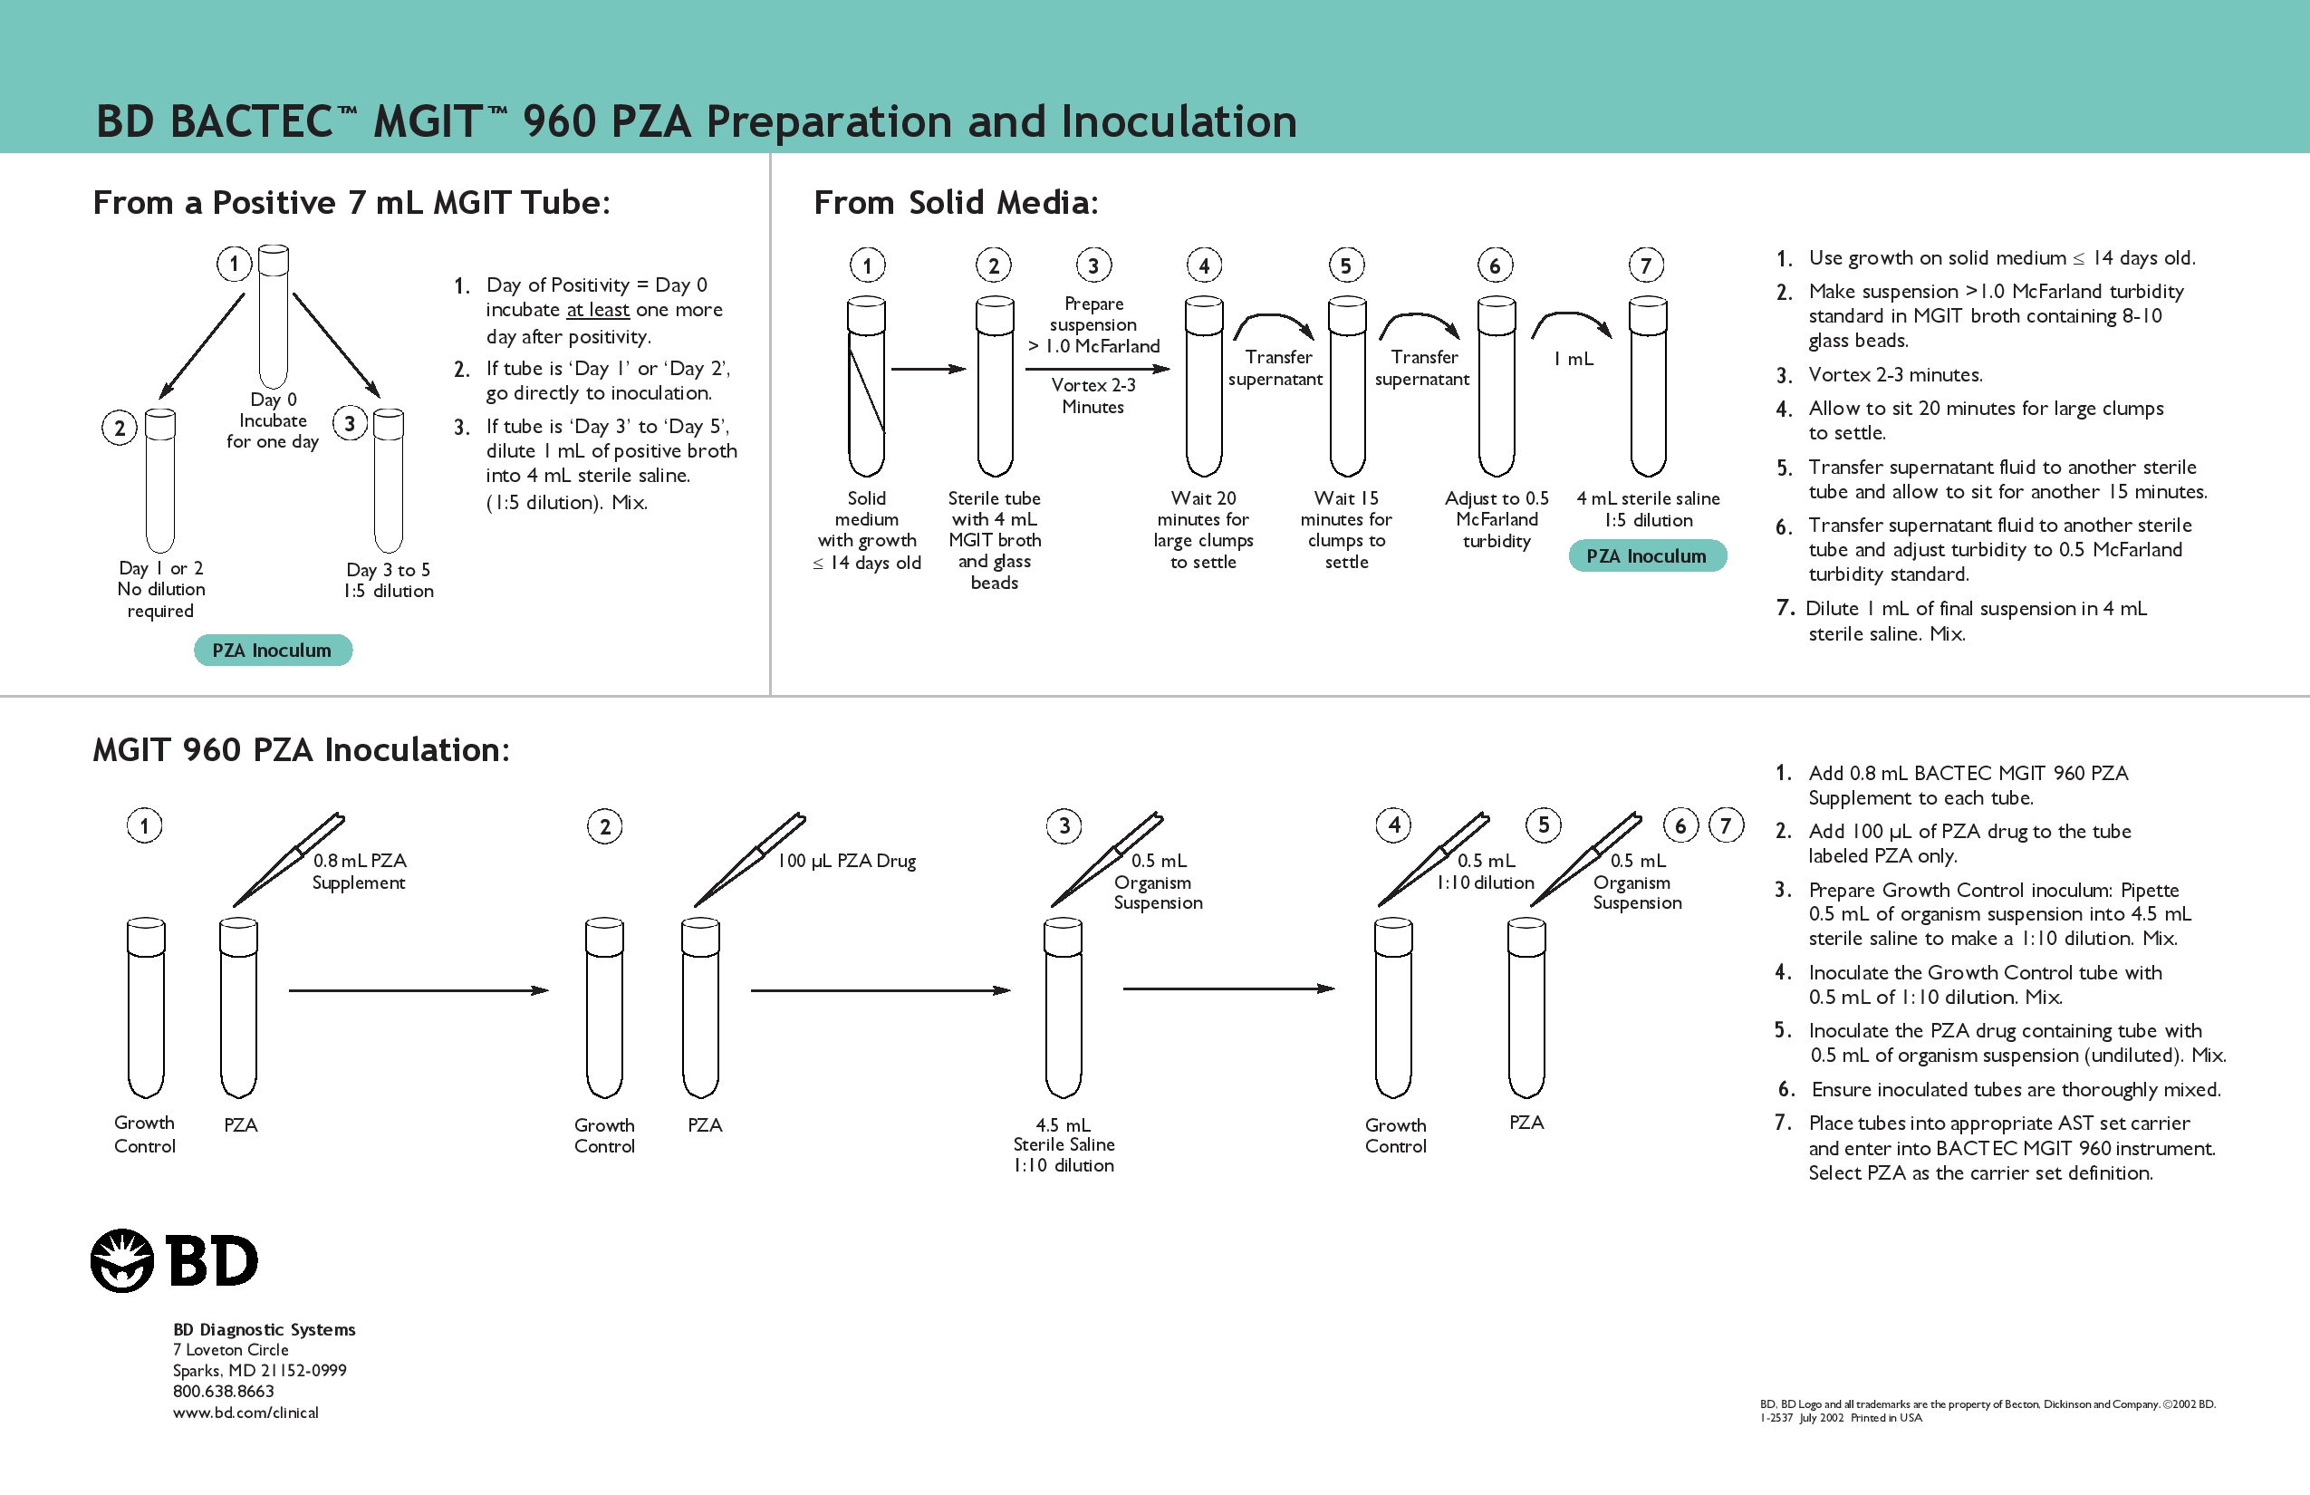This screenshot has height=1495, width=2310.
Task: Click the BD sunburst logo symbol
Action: (x=122, y=1260)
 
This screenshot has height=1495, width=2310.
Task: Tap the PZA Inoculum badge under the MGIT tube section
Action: (x=273, y=651)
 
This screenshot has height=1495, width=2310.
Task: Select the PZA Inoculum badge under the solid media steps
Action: (x=1647, y=556)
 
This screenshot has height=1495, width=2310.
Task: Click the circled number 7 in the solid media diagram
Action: (x=1646, y=265)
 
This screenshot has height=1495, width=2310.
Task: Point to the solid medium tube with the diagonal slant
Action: (x=867, y=389)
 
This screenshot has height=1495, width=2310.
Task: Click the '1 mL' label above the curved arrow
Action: (x=1574, y=359)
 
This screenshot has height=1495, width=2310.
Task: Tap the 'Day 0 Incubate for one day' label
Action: (x=273, y=420)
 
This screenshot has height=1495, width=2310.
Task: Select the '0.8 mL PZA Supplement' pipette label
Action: (x=359, y=871)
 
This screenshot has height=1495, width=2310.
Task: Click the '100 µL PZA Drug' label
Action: (x=846, y=861)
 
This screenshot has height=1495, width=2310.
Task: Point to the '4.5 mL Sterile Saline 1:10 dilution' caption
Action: (x=1064, y=1144)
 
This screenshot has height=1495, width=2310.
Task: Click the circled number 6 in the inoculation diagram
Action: (x=1681, y=826)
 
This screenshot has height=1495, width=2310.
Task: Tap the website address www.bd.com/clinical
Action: (x=245, y=1413)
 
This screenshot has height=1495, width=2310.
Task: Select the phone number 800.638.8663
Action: (x=223, y=1391)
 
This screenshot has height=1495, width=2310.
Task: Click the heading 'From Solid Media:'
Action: (x=956, y=203)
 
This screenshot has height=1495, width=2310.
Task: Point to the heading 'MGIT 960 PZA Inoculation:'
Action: (x=301, y=749)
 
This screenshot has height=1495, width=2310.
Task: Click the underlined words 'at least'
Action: (x=598, y=310)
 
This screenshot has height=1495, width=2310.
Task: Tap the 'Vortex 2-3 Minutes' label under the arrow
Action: (x=1092, y=396)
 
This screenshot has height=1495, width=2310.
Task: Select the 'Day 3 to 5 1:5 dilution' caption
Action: (x=389, y=581)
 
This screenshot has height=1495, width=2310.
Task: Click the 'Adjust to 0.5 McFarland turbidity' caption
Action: (x=1497, y=519)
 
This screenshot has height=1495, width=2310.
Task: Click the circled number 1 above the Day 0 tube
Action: (x=234, y=263)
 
